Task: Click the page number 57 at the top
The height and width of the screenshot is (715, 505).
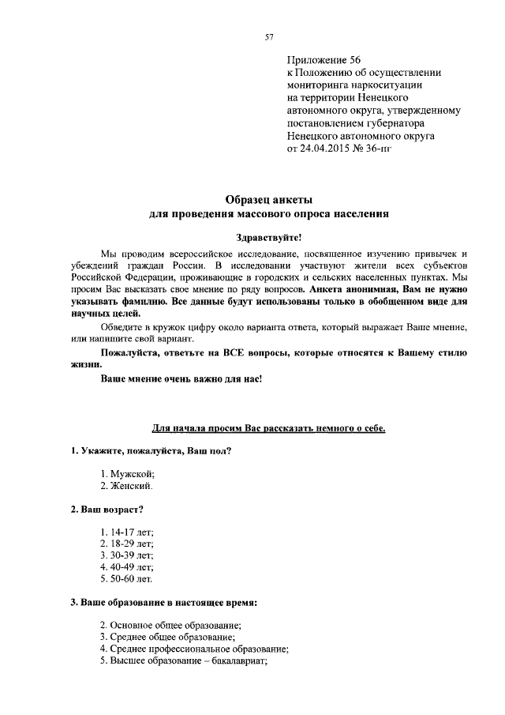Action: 268,37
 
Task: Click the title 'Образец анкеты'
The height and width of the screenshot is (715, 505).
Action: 268,200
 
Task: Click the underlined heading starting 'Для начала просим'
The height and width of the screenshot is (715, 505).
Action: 268,427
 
